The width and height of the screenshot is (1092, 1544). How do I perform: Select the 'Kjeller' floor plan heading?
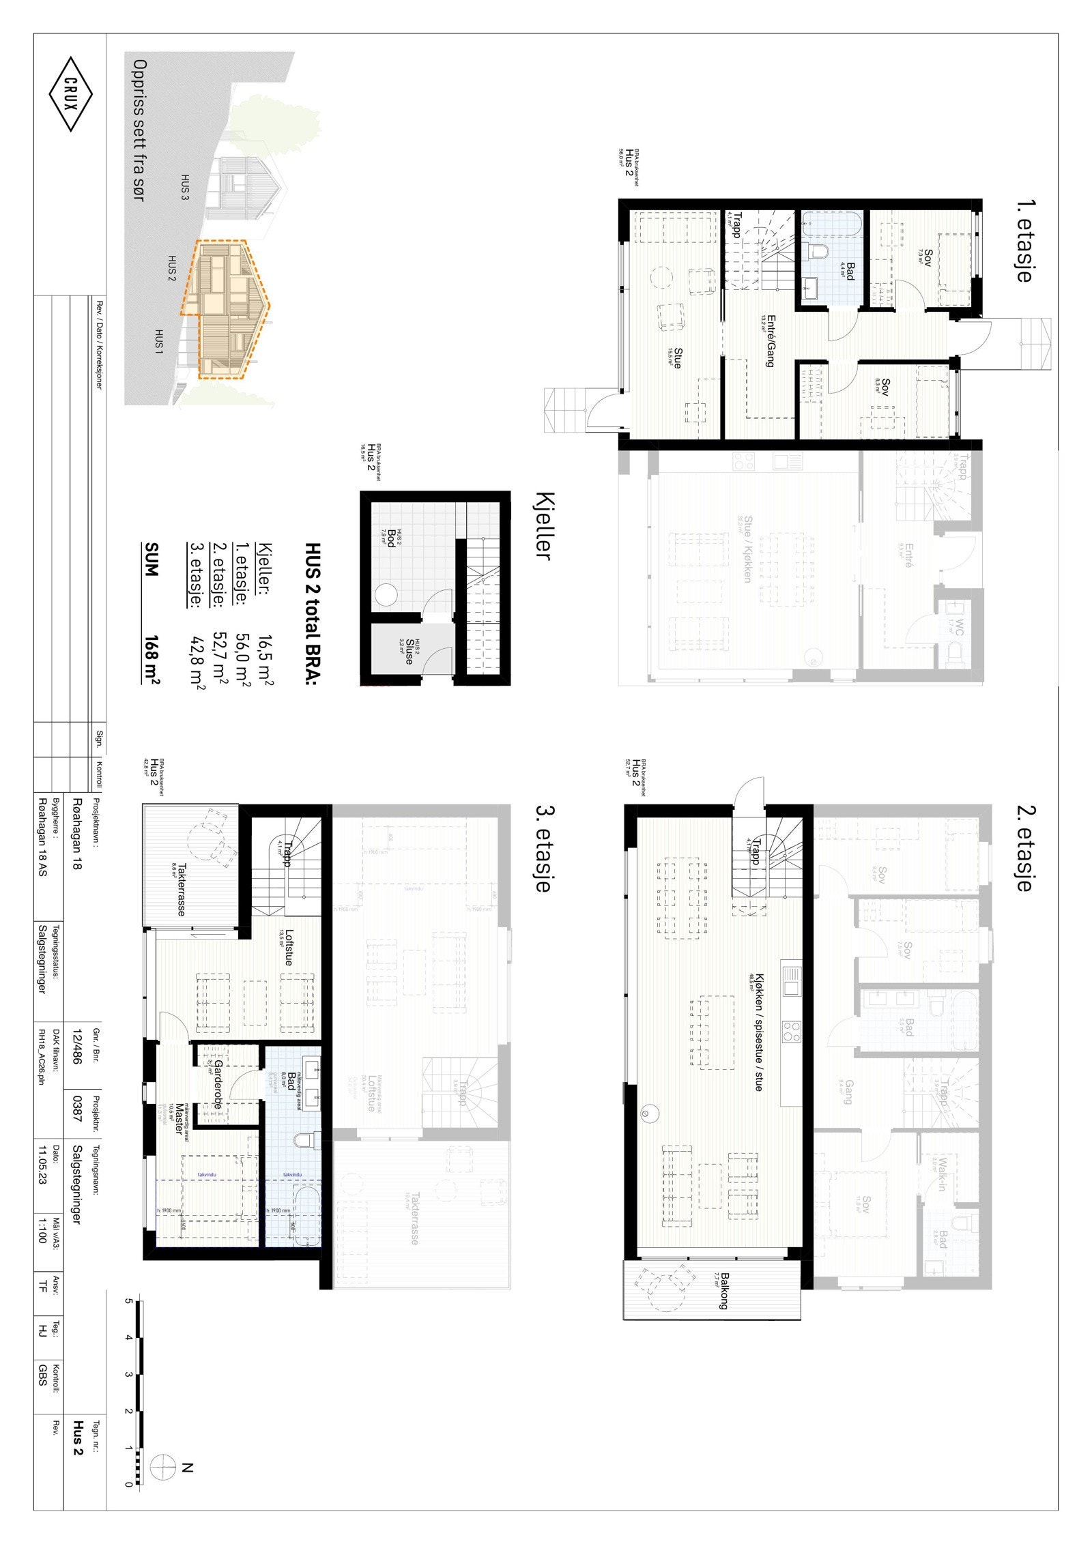[x=543, y=525]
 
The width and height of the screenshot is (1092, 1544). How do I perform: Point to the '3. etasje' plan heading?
[x=543, y=849]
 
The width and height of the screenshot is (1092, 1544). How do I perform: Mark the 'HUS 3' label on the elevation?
[x=184, y=187]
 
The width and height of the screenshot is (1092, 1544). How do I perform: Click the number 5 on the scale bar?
[x=128, y=1300]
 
